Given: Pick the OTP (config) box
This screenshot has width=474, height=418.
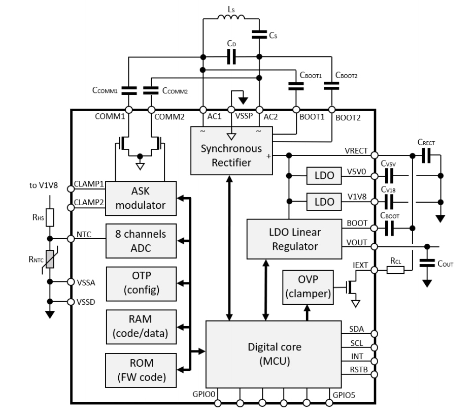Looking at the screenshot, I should (x=141, y=282).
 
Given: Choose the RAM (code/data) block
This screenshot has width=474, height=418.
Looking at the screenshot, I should (x=141, y=326).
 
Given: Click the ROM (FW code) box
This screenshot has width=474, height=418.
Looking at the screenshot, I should (x=141, y=369).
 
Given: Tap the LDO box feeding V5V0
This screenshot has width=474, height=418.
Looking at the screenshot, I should (x=323, y=176).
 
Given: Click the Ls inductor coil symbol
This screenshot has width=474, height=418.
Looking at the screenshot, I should (x=231, y=18).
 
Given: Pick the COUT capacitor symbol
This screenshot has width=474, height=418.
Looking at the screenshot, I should (x=428, y=263).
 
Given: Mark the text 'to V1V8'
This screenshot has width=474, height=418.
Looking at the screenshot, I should (x=44, y=185).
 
